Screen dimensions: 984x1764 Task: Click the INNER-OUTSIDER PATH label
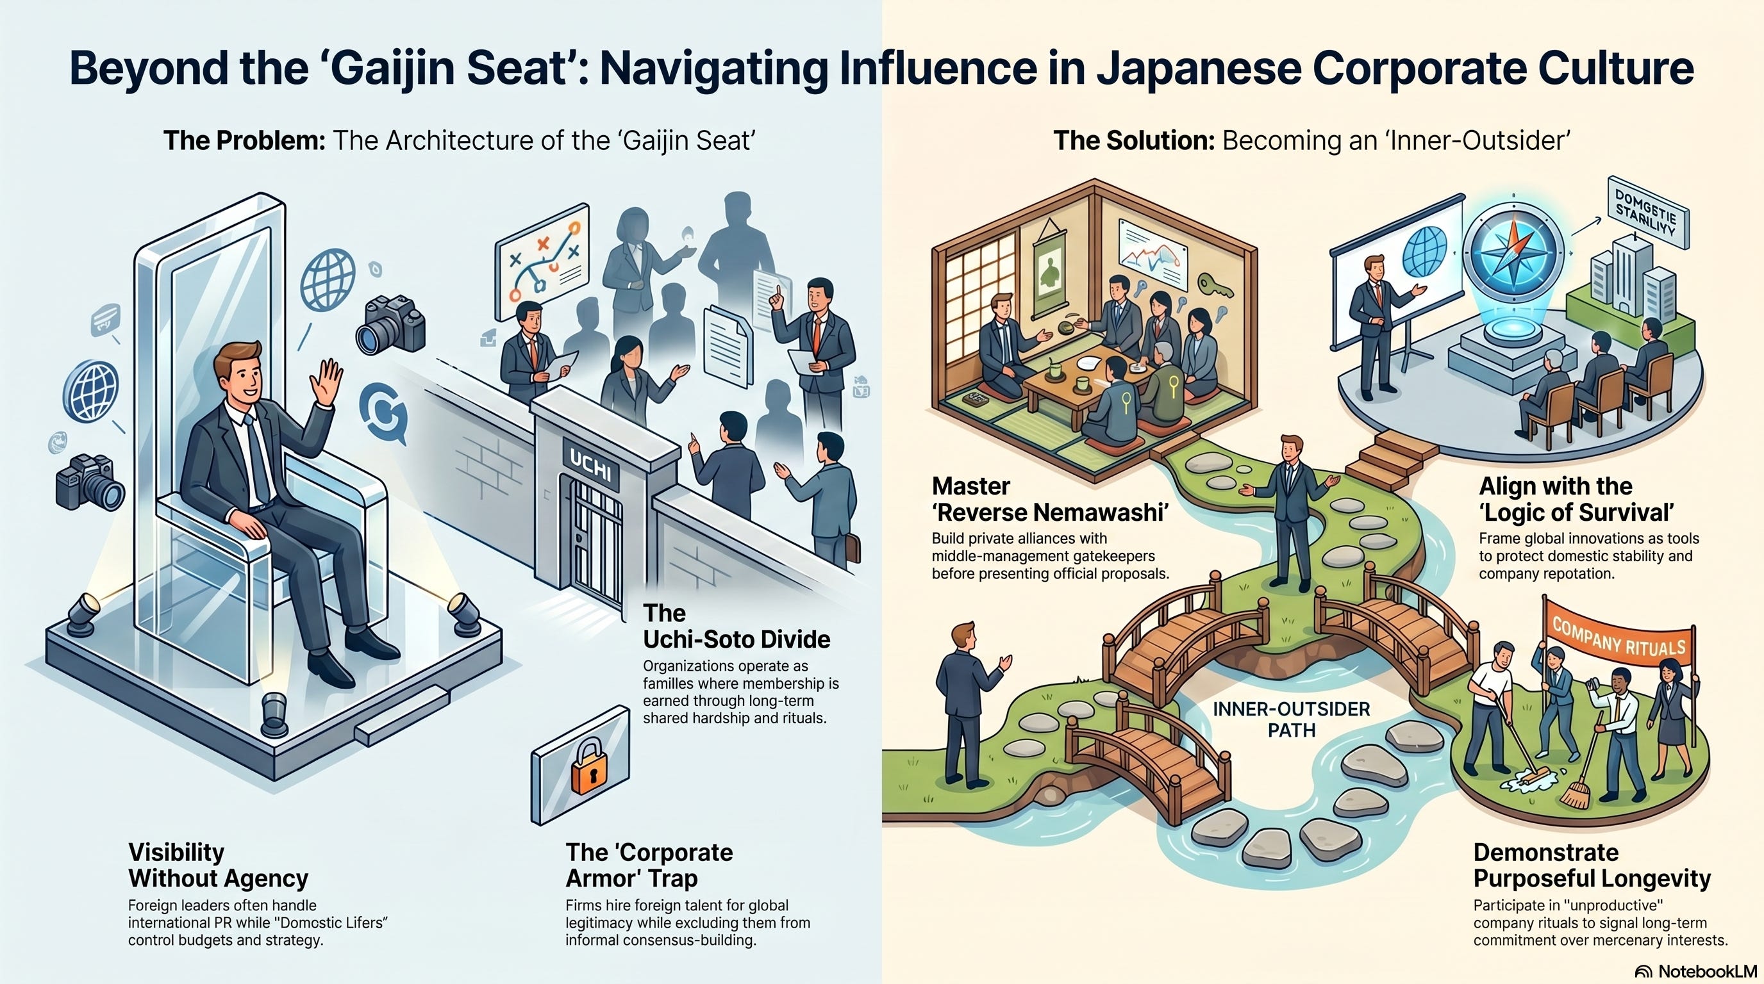coord(1292,719)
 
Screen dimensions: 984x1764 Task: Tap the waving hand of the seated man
coord(327,382)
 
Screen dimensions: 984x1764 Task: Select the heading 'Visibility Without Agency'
coord(218,865)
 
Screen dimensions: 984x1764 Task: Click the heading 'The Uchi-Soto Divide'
coord(736,625)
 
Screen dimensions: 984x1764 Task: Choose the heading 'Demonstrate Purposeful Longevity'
coord(1592,865)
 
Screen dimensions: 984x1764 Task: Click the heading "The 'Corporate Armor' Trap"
coord(649,865)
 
